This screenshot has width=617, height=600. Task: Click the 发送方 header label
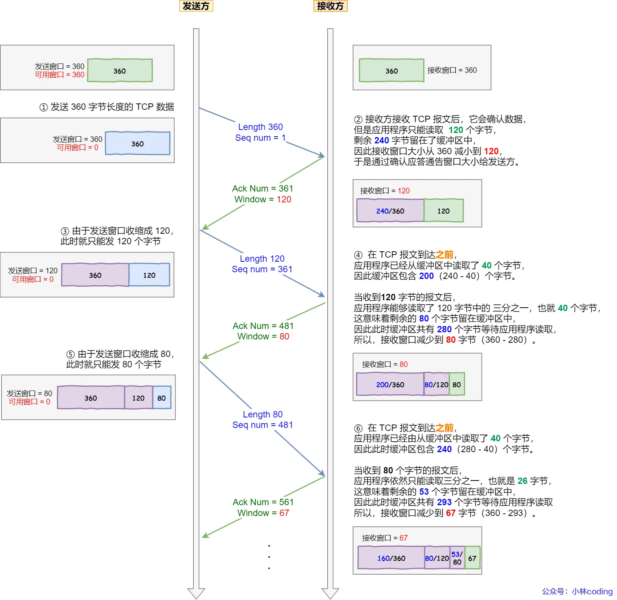click(196, 6)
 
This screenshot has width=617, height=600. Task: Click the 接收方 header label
click(330, 6)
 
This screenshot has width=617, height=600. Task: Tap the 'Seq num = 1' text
click(260, 138)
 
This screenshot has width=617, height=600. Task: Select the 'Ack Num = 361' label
click(262, 189)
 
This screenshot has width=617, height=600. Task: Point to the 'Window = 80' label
click(263, 336)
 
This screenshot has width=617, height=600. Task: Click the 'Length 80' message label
click(262, 414)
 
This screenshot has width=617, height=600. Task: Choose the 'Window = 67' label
click(263, 513)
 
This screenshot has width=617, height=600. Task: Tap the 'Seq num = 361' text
click(262, 269)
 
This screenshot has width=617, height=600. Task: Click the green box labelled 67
click(472, 558)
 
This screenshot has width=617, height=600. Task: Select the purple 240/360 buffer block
click(390, 211)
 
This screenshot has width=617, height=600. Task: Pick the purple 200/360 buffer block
click(390, 385)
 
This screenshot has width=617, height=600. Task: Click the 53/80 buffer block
click(457, 558)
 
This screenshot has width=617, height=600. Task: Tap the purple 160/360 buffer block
click(391, 558)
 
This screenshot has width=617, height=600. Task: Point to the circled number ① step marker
click(44, 108)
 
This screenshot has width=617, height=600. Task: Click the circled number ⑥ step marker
click(358, 428)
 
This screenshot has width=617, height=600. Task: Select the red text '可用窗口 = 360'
click(60, 75)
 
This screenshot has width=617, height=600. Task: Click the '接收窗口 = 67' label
click(384, 538)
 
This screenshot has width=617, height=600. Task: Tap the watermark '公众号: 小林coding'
click(577, 591)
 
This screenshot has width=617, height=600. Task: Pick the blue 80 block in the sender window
click(162, 398)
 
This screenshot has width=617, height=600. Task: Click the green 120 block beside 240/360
click(443, 211)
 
